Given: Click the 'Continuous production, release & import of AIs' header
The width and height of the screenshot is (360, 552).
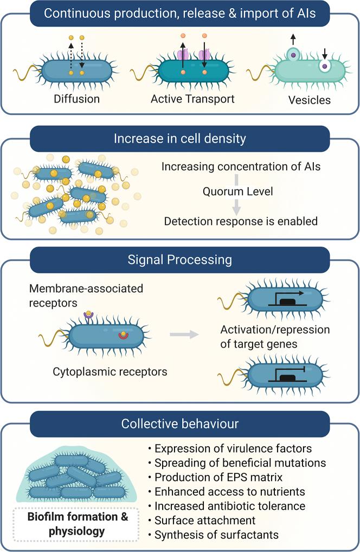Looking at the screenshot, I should (179, 14).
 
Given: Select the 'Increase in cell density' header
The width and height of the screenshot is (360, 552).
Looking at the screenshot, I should (179, 138).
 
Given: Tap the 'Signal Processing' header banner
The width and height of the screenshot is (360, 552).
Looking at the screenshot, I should (179, 259).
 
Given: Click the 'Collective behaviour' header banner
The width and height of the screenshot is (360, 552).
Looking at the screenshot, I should (179, 422).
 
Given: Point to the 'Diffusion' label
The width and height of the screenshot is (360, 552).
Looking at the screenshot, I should (76, 99).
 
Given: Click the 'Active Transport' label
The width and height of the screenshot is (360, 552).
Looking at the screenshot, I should (192, 99).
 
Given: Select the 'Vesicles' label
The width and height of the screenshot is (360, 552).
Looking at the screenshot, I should (310, 100).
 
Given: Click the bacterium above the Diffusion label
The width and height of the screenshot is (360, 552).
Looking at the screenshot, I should (76, 70).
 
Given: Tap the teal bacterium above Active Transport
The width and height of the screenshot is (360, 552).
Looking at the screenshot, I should (192, 70).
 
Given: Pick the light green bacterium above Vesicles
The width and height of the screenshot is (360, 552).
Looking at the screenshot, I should (309, 70).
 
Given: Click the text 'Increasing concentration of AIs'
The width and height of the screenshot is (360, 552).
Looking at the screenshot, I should (241, 166).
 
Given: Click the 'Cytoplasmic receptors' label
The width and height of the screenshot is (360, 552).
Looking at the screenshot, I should (110, 372).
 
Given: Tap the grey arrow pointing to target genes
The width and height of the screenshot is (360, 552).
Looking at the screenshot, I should (183, 334).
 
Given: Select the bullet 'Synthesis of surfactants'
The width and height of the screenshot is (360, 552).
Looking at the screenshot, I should (216, 535).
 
